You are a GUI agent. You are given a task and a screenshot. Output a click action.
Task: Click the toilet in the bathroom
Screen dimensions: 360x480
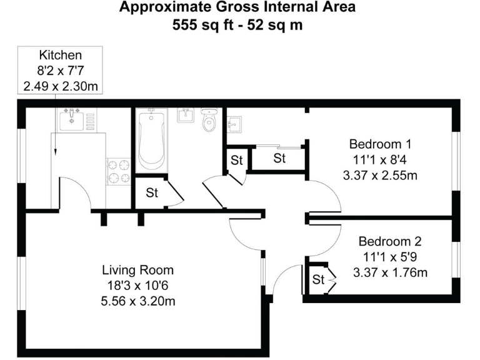click(209, 121)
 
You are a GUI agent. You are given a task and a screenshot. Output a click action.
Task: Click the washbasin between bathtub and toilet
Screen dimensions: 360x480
click(185, 115)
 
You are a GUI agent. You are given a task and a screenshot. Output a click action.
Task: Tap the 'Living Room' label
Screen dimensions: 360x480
click(137, 271)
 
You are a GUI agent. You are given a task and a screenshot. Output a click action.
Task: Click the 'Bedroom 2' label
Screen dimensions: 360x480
click(389, 241)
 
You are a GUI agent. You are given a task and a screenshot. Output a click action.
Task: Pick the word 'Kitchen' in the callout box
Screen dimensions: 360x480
click(61, 55)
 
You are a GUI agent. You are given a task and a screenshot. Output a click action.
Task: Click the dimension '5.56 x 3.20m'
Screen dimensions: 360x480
click(137, 302)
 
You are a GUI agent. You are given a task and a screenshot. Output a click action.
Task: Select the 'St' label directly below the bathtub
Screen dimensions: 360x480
click(152, 193)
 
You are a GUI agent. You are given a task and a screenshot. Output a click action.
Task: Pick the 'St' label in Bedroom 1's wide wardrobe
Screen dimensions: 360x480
click(279, 159)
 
